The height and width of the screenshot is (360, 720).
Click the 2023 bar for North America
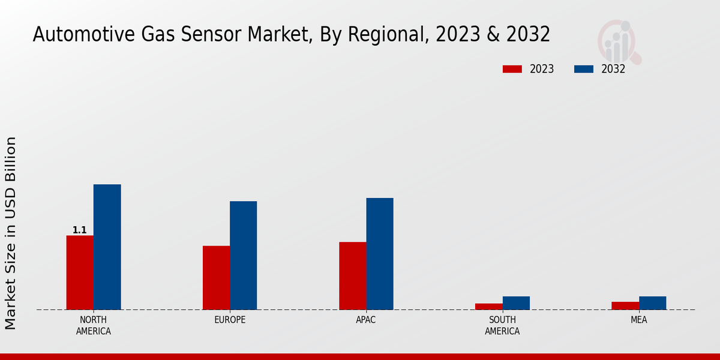pos(80,272)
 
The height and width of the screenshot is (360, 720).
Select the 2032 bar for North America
pos(107,247)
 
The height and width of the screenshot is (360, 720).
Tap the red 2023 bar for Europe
pos(216,277)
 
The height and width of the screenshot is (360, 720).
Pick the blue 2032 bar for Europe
pos(243,255)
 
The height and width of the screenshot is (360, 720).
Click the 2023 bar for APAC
pos(352,275)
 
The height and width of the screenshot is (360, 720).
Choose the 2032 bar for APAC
pos(380,254)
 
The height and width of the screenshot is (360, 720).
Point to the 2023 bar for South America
pos(489,307)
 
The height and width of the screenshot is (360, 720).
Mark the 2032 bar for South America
pos(516,303)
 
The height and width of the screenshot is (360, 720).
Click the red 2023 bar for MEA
pos(625,305)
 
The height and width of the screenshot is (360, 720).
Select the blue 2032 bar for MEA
pos(652,303)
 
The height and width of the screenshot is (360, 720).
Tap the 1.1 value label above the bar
pos(80,230)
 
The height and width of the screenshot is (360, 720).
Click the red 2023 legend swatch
pos(512,69)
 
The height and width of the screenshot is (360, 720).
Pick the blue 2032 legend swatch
pos(584,69)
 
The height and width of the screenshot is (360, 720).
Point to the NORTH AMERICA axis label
pos(94,325)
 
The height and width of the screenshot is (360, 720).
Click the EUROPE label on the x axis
pos(230,320)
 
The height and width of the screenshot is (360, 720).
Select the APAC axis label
pos(366,320)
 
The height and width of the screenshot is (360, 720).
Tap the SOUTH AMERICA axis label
pos(502,325)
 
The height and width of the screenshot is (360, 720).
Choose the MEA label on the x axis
pos(638,320)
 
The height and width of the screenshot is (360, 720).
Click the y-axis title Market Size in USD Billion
pos(11,233)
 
